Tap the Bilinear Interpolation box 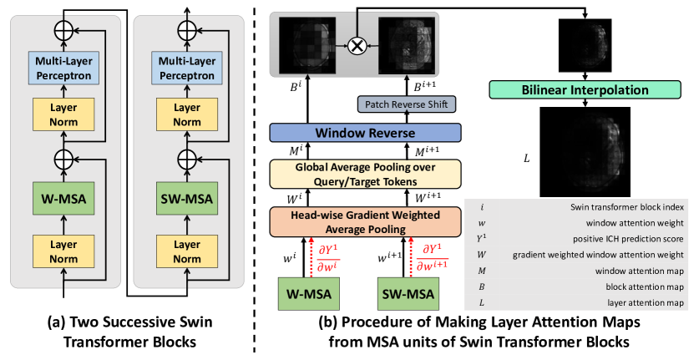point(587,89)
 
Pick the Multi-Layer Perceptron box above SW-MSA point(182,67)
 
